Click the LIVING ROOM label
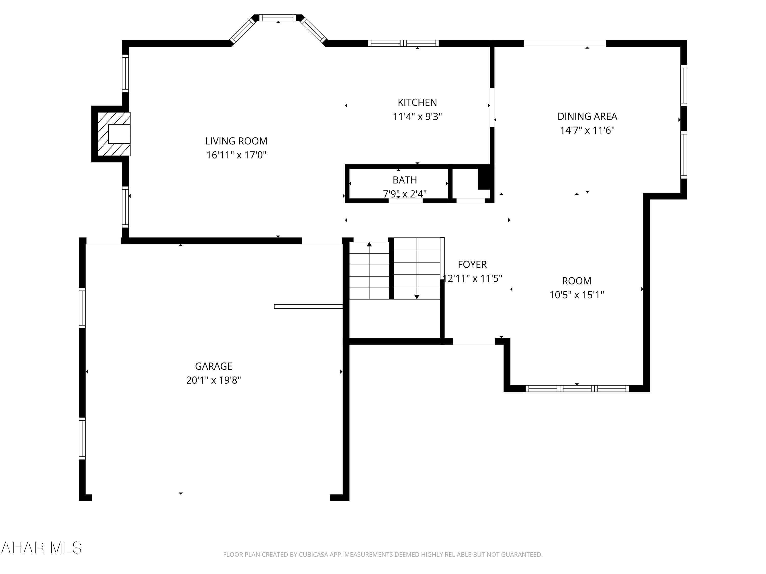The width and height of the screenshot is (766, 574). point(236,141)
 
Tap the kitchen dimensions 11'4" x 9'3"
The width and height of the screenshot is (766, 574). point(417,117)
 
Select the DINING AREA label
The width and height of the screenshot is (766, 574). point(587,116)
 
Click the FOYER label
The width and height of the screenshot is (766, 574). point(472,264)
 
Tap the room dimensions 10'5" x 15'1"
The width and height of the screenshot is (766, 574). point(577,295)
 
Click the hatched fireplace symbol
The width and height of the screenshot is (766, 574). point(114,134)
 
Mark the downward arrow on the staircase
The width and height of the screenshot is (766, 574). point(417,296)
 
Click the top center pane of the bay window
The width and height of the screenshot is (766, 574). point(278,18)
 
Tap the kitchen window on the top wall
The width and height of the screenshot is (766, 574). point(403,43)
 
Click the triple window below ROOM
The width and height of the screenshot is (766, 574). point(577,389)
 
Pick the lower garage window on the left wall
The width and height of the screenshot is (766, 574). point(82,438)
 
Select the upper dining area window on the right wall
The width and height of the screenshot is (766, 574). point(684,85)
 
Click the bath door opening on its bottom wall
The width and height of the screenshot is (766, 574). point(405,201)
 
